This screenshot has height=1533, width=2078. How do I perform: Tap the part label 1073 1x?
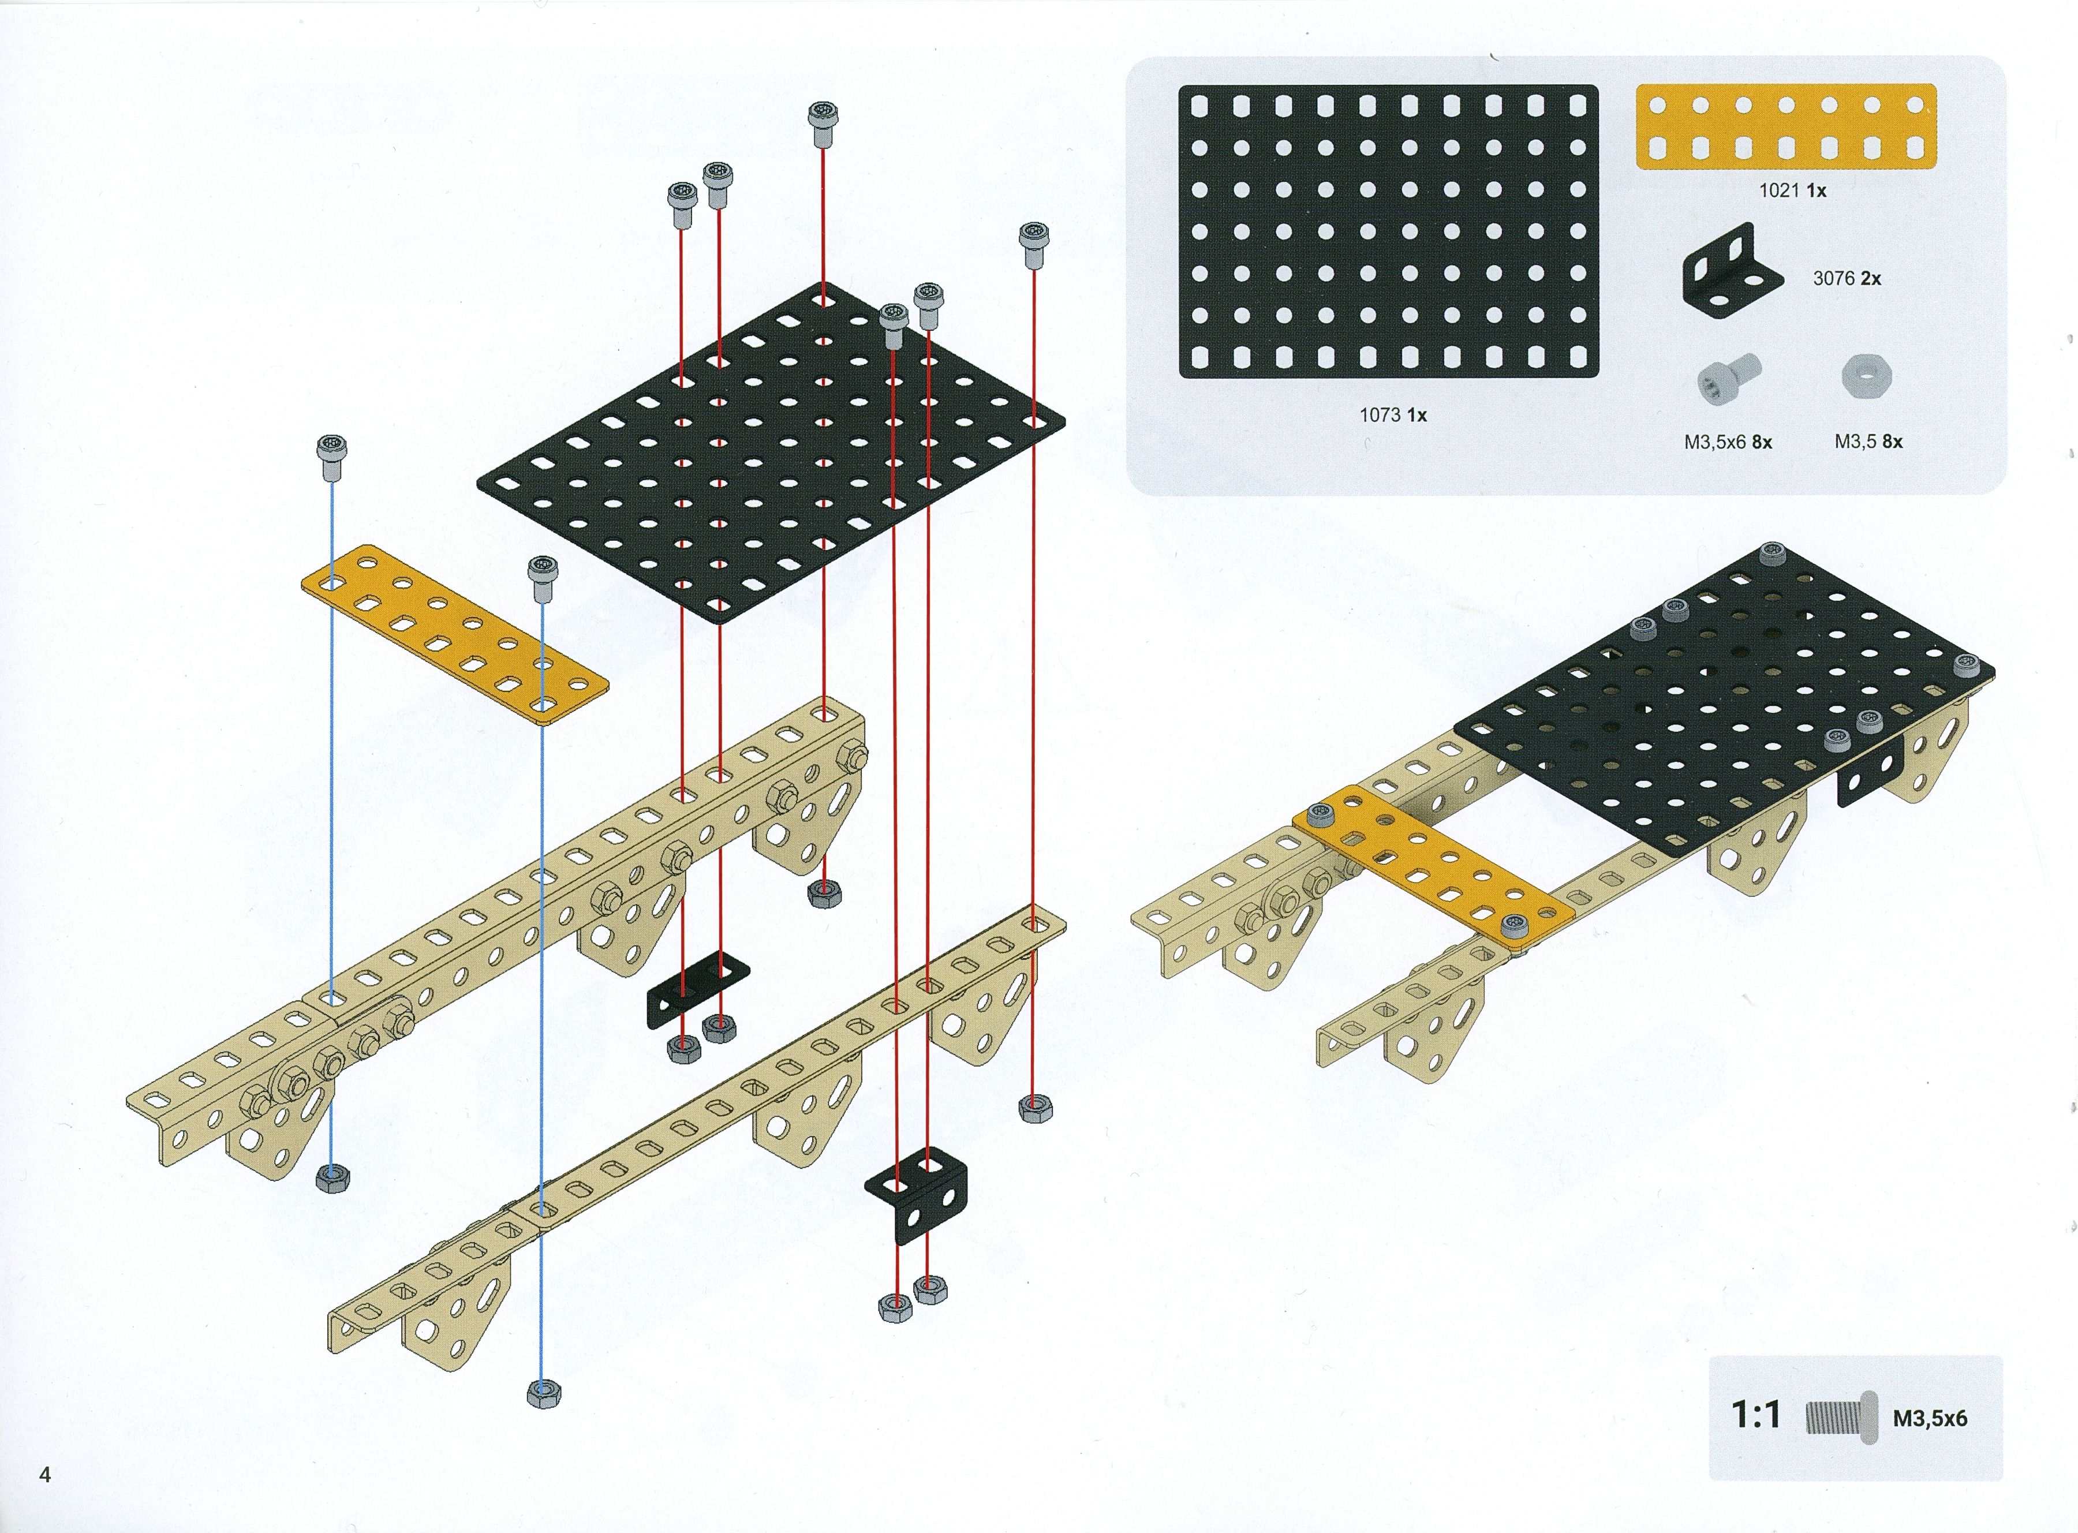1393,415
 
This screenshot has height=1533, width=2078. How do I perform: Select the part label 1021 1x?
1792,190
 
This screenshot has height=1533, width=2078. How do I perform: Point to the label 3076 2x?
1846,278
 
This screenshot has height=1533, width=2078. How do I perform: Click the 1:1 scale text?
1756,1414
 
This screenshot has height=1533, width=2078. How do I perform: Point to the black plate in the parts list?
1388,232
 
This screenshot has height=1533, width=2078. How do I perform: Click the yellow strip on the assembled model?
1434,869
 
